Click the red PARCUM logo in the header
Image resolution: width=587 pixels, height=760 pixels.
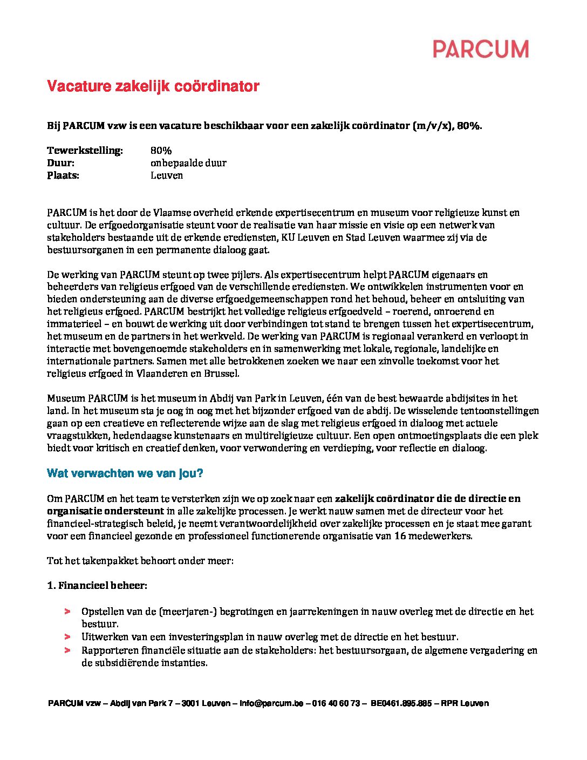point(480,49)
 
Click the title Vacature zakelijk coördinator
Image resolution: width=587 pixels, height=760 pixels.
point(153,86)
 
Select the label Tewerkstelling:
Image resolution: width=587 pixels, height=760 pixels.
point(85,151)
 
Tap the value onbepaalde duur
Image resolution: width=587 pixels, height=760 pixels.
point(188,163)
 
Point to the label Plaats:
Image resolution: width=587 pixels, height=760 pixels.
point(63,175)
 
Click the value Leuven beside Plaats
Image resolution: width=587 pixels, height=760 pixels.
point(167,175)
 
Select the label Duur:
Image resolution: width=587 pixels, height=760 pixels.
point(60,163)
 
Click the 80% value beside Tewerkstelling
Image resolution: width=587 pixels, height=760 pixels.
point(161,151)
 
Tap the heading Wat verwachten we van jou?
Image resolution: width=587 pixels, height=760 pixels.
point(125,473)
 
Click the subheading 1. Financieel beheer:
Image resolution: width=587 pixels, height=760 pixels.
point(97,586)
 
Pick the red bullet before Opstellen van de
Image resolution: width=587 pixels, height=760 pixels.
point(67,612)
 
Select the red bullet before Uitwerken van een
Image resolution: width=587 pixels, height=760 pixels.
point(67,637)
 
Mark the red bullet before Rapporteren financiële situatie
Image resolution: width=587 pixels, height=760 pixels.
point(67,650)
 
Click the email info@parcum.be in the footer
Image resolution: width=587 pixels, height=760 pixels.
point(271,703)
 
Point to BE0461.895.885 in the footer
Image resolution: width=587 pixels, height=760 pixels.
point(401,703)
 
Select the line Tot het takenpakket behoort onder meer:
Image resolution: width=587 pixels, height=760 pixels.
point(140,561)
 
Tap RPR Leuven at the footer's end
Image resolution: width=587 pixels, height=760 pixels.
point(465,703)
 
